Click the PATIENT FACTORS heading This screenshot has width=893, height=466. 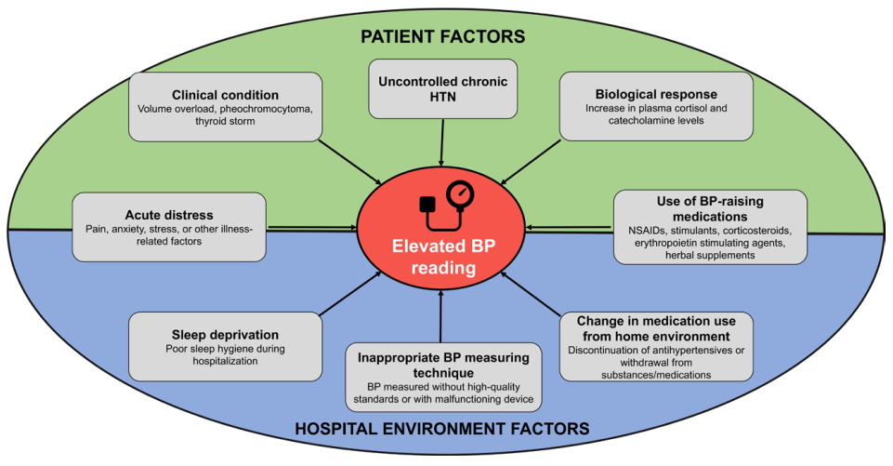443,37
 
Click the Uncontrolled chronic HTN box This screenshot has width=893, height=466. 442,89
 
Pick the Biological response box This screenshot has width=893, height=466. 655,107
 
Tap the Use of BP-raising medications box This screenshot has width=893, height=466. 709,227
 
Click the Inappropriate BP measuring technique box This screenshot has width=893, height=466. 442,377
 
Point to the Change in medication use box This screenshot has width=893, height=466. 655,346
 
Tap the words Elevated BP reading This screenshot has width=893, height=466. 442,259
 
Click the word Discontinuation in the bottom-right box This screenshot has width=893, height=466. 606,350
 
